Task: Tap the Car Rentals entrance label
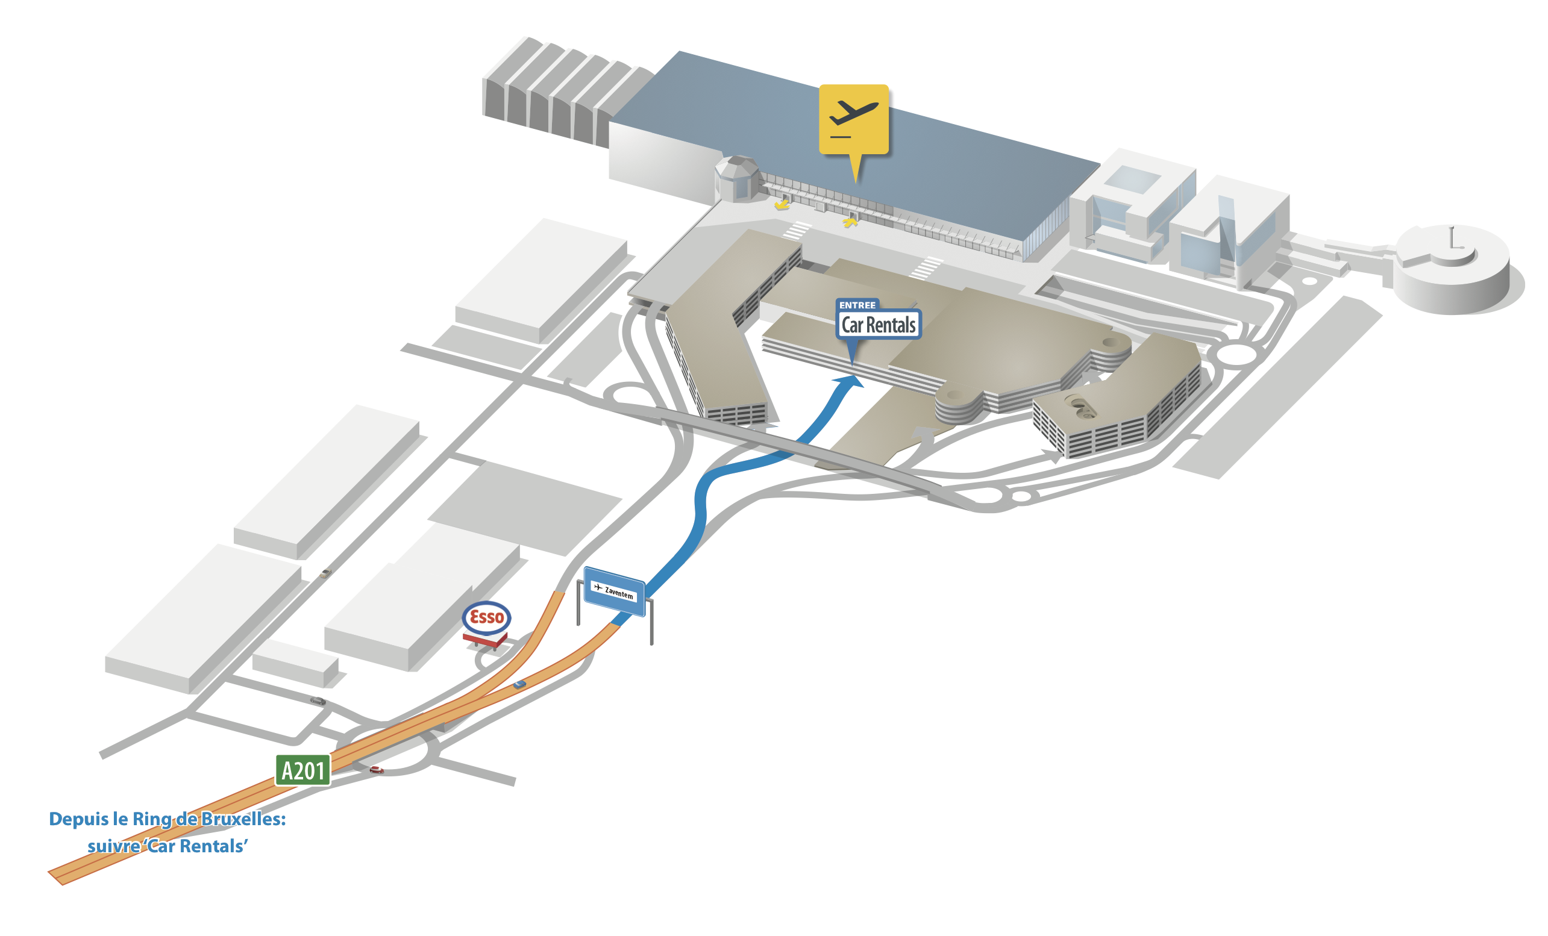(x=879, y=325)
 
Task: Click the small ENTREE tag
(x=857, y=305)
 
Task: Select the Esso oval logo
(x=486, y=617)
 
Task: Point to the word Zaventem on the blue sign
(x=619, y=593)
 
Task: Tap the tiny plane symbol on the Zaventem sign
(x=598, y=587)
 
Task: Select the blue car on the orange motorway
(x=519, y=684)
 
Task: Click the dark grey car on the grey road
(x=318, y=700)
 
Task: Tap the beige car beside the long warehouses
(x=325, y=573)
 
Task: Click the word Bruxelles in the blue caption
(x=243, y=819)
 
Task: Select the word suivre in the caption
(x=114, y=846)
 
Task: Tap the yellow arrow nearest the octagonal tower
(x=782, y=204)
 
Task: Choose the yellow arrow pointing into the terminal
(x=851, y=220)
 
